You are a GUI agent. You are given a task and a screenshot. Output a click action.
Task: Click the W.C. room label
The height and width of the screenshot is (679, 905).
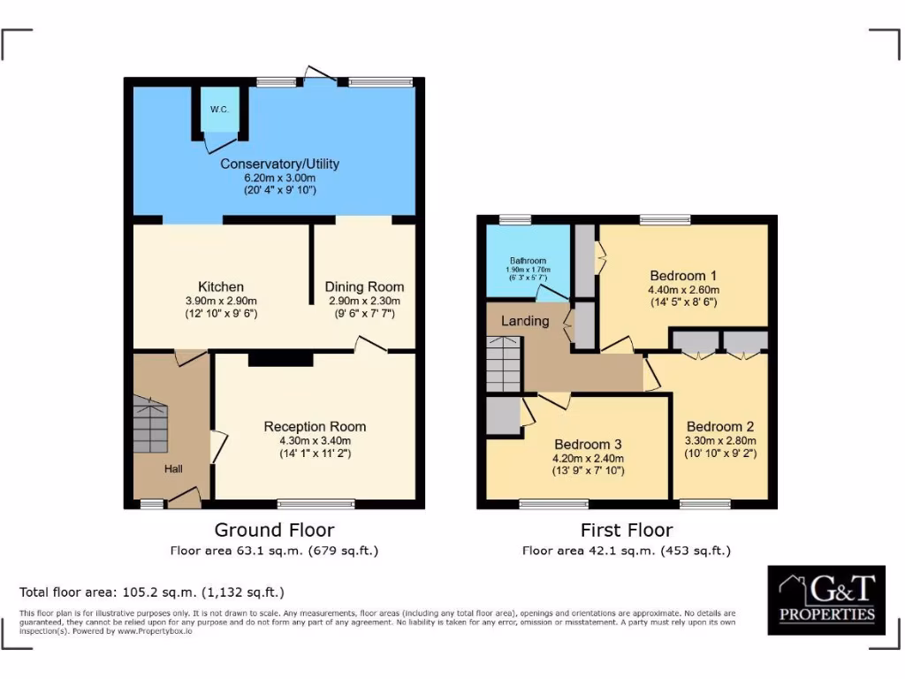click(218, 110)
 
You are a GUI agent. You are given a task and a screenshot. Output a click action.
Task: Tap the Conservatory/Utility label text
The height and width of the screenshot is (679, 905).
click(279, 164)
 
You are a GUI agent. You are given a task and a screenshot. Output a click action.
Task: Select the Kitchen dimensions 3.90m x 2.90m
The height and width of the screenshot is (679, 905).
click(221, 301)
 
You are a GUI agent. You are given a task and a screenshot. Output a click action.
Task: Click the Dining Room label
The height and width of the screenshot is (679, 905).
click(364, 286)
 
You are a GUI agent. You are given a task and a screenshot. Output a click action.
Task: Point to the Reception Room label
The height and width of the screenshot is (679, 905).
click(315, 426)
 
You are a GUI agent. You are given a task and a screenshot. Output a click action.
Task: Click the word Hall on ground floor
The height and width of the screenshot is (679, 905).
click(173, 469)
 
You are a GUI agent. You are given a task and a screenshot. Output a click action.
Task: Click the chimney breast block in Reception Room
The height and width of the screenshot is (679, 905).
click(280, 359)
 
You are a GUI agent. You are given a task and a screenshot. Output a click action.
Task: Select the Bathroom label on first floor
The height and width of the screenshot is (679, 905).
click(527, 260)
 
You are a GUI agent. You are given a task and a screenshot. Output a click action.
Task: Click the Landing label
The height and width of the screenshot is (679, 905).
click(525, 321)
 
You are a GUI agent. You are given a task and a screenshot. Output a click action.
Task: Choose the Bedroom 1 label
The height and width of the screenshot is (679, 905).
click(684, 274)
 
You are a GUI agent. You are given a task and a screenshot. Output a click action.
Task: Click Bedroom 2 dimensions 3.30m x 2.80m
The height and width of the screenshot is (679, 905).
click(720, 440)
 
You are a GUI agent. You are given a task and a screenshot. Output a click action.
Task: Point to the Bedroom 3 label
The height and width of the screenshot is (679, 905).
click(589, 444)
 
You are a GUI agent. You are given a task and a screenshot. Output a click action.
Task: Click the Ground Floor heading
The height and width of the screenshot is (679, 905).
click(274, 530)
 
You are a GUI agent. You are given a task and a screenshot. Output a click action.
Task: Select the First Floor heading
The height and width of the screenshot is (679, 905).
click(626, 530)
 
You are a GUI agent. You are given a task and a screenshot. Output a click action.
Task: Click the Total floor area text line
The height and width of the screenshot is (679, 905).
click(151, 591)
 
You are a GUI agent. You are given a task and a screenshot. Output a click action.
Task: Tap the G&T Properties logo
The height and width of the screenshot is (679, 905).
click(826, 599)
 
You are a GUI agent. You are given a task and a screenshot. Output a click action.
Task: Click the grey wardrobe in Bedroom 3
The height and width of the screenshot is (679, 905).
click(503, 416)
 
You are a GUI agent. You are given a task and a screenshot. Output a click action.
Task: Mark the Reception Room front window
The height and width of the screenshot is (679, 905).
click(316, 504)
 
